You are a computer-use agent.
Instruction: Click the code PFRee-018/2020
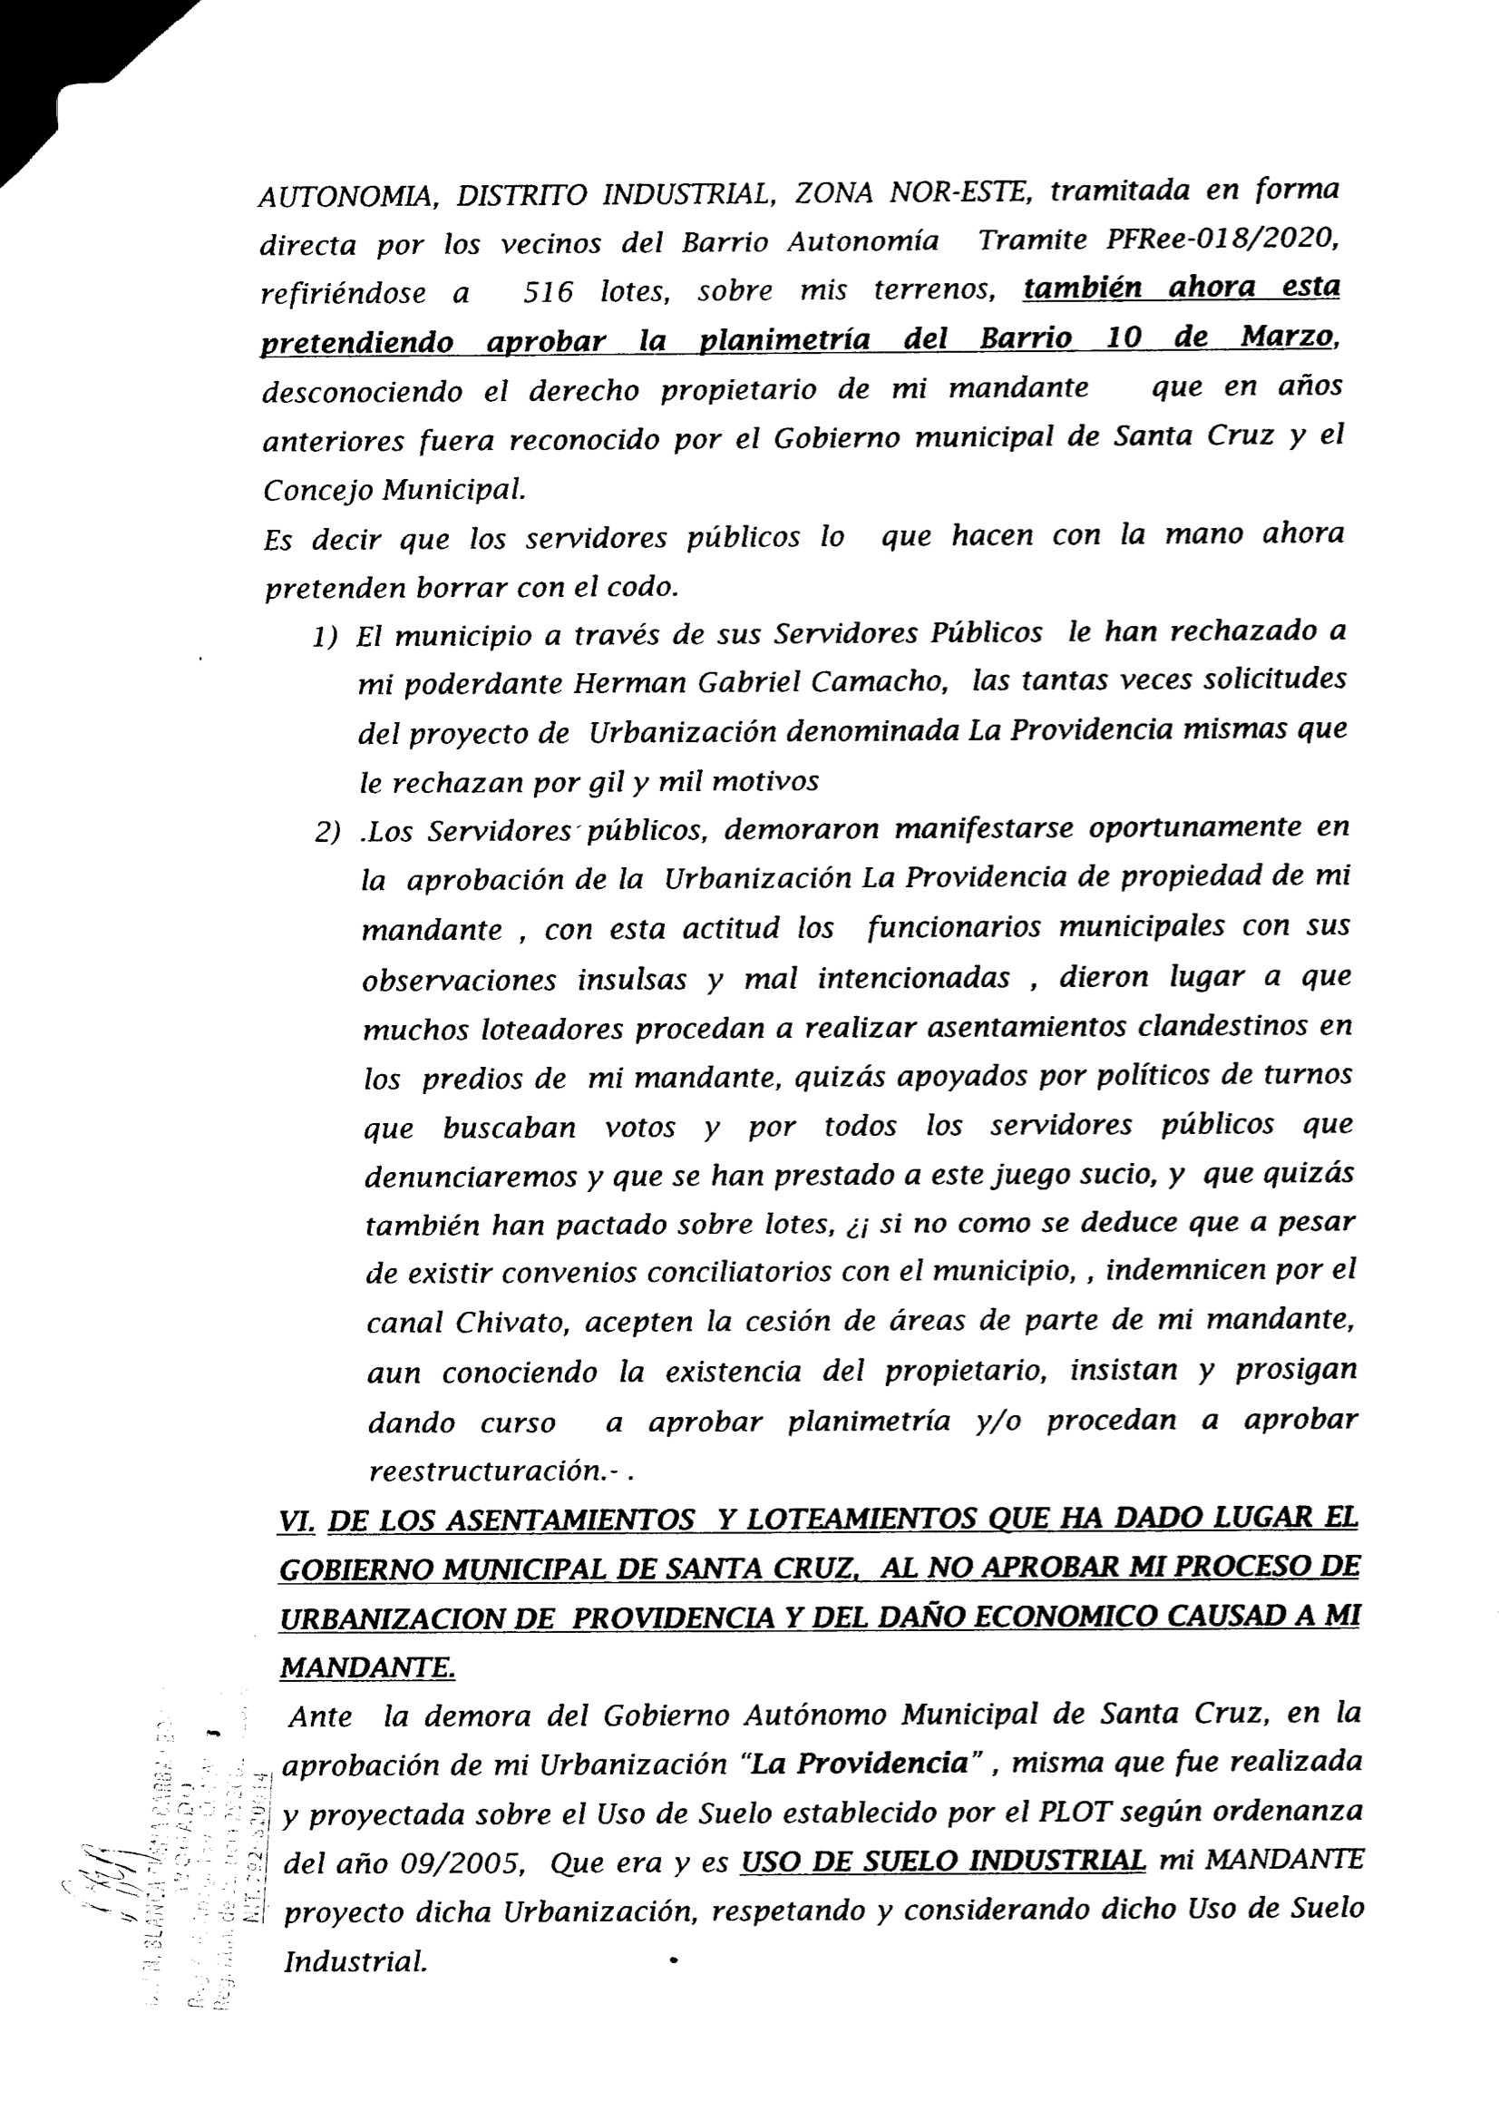[1221, 239]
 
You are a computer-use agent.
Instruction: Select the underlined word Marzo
[1288, 337]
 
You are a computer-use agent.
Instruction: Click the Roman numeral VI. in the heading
[297, 1520]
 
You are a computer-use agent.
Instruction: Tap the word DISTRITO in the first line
[529, 196]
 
